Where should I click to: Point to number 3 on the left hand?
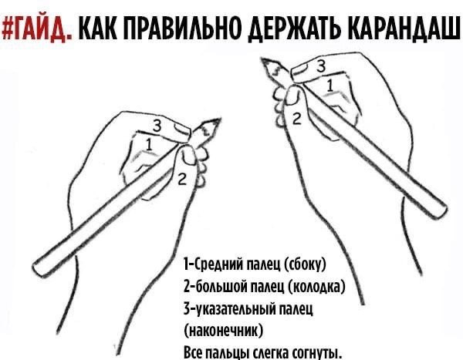pos(157,126)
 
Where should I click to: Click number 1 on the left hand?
pos(149,145)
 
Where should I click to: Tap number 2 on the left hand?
pos(182,180)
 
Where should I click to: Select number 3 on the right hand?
pos(321,66)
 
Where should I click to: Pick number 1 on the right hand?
pos(330,86)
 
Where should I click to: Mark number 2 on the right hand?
pos(297,119)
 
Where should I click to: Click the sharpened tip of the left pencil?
pos(220,119)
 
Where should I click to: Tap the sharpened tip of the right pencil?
pos(262,60)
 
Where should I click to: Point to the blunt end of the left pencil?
pos(37,269)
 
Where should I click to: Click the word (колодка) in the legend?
pos(316,286)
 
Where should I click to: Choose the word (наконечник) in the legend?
pos(223,331)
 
